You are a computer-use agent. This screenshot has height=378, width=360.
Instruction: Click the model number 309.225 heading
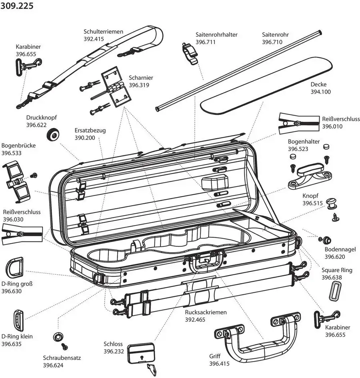tap(17, 6)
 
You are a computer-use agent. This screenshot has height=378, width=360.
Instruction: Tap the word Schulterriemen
tap(103, 32)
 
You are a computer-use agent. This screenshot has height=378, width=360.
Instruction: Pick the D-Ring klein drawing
tap(18, 321)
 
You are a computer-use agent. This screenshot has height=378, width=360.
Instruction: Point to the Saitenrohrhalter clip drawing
tap(189, 52)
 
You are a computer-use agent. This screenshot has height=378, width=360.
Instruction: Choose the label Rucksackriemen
tap(206, 312)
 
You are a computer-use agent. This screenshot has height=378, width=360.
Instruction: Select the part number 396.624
tap(53, 365)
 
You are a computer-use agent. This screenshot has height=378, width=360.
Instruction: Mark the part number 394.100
tap(320, 92)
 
